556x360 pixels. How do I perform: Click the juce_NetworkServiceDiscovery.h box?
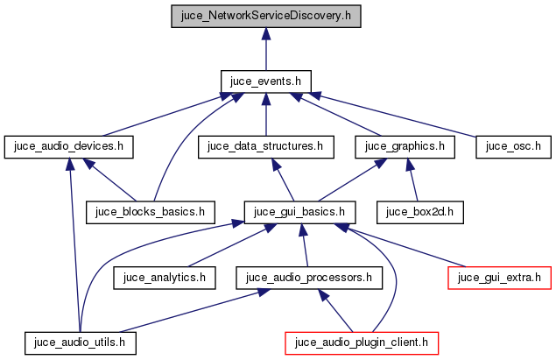tap(265, 16)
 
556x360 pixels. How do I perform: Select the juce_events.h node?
tap(265, 81)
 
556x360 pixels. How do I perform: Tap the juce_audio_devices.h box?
tap(68, 146)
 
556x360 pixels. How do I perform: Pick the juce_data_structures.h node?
tap(265, 146)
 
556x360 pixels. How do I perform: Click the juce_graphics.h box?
tap(405, 146)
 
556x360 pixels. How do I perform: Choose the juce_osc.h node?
tap(512, 146)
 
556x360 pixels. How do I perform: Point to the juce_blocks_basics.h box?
tap(151, 211)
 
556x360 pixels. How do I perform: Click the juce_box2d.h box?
tap(419, 211)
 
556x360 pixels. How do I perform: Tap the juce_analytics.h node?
tap(165, 277)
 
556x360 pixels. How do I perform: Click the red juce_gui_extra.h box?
tap(500, 277)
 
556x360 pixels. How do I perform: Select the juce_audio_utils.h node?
tap(81, 342)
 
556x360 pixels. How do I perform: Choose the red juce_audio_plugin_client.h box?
tap(362, 342)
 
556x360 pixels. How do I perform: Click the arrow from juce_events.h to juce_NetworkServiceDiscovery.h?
tap(265, 48)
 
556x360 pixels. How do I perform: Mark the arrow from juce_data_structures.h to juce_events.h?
tap(265, 114)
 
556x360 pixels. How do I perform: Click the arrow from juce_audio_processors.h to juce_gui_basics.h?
tap(302, 244)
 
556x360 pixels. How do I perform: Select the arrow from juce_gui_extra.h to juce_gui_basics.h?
tap(403, 246)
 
